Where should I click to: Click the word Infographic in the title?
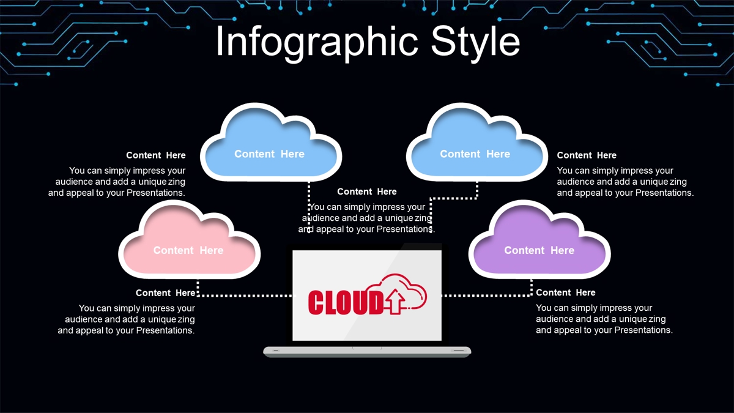coord(317,42)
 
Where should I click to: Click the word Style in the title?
coord(475,42)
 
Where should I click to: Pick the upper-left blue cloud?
coord(271,142)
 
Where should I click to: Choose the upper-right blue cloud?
coord(476,142)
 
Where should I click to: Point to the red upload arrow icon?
coord(395,301)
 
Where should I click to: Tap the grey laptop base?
coord(367,352)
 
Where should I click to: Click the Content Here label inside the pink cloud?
coord(188,250)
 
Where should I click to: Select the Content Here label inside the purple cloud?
coord(539,250)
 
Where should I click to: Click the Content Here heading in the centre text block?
coord(366,192)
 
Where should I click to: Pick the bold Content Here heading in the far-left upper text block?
coord(155,155)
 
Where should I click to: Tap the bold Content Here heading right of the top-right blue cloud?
coord(587,155)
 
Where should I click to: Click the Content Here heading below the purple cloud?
coord(566,292)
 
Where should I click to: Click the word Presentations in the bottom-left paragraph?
coord(166,330)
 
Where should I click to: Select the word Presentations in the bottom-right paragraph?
coord(643,330)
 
